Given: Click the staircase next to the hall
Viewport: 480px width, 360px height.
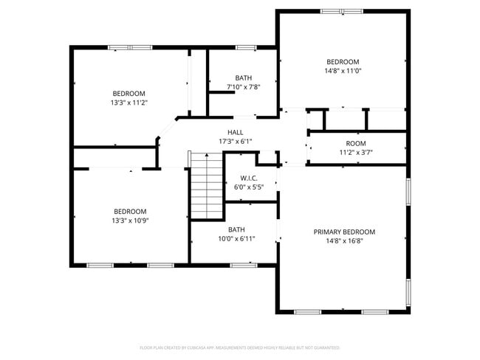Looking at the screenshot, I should [x=207, y=187].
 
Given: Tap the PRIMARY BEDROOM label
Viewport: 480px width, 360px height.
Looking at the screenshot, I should [x=344, y=232].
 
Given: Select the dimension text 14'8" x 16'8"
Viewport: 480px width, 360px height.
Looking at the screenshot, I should [x=344, y=241].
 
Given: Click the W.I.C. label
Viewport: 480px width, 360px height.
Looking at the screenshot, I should [x=248, y=178].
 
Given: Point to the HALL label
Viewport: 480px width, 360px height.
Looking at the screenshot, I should [x=236, y=132].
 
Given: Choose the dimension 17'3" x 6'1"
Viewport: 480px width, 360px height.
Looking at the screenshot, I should [x=236, y=142].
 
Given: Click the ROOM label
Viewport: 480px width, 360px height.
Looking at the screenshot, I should [x=356, y=143].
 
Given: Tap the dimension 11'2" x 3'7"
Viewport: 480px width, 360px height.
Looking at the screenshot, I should [x=356, y=153].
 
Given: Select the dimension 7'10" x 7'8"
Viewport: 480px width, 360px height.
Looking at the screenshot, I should [x=244, y=87].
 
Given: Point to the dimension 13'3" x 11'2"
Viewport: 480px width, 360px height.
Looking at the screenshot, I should [x=128, y=103].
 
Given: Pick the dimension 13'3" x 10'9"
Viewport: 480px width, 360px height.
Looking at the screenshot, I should [x=128, y=221].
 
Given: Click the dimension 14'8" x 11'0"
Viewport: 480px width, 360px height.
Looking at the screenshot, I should [x=343, y=71].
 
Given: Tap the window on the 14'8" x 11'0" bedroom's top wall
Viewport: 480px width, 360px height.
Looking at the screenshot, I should [x=342, y=11].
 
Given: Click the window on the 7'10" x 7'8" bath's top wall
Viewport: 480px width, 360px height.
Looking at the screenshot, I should [x=246, y=48].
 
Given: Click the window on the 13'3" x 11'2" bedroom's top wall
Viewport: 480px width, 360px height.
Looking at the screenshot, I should [x=129, y=48].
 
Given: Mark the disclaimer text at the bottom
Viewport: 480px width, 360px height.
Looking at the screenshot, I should [x=239, y=347].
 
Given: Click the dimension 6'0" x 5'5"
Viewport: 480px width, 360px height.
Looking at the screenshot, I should [x=248, y=187].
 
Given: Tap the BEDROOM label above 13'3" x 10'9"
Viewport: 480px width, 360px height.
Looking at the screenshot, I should [x=128, y=211].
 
